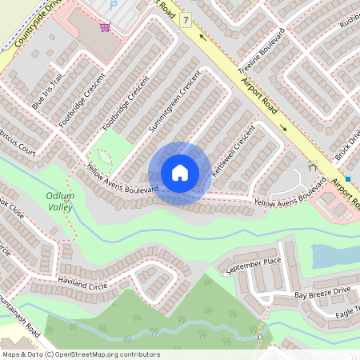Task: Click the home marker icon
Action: click(x=180, y=173)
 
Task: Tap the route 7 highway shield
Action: click(x=186, y=18)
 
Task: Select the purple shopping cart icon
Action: click(x=105, y=27)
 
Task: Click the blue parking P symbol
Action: click(x=113, y=4)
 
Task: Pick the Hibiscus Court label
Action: click(x=16, y=150)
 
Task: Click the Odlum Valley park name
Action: click(x=60, y=201)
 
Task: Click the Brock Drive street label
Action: click(x=350, y=143)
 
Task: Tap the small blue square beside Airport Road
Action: click(x=348, y=179)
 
